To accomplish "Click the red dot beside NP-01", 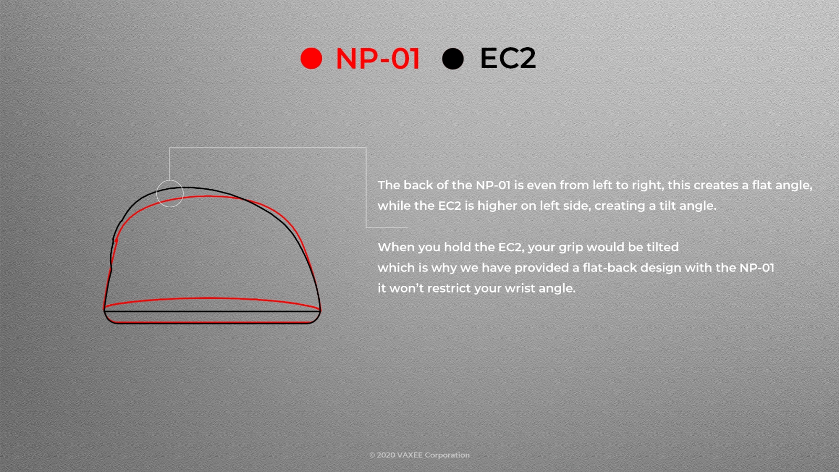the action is (x=311, y=58).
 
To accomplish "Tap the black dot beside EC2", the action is (x=453, y=59).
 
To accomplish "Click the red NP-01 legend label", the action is (x=378, y=59).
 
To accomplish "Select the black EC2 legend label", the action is (x=508, y=58).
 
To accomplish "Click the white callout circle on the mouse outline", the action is (x=170, y=180).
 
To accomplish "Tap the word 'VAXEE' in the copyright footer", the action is (x=410, y=455).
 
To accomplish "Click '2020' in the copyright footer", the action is (x=385, y=455).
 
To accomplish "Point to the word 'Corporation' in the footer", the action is (x=447, y=456).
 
